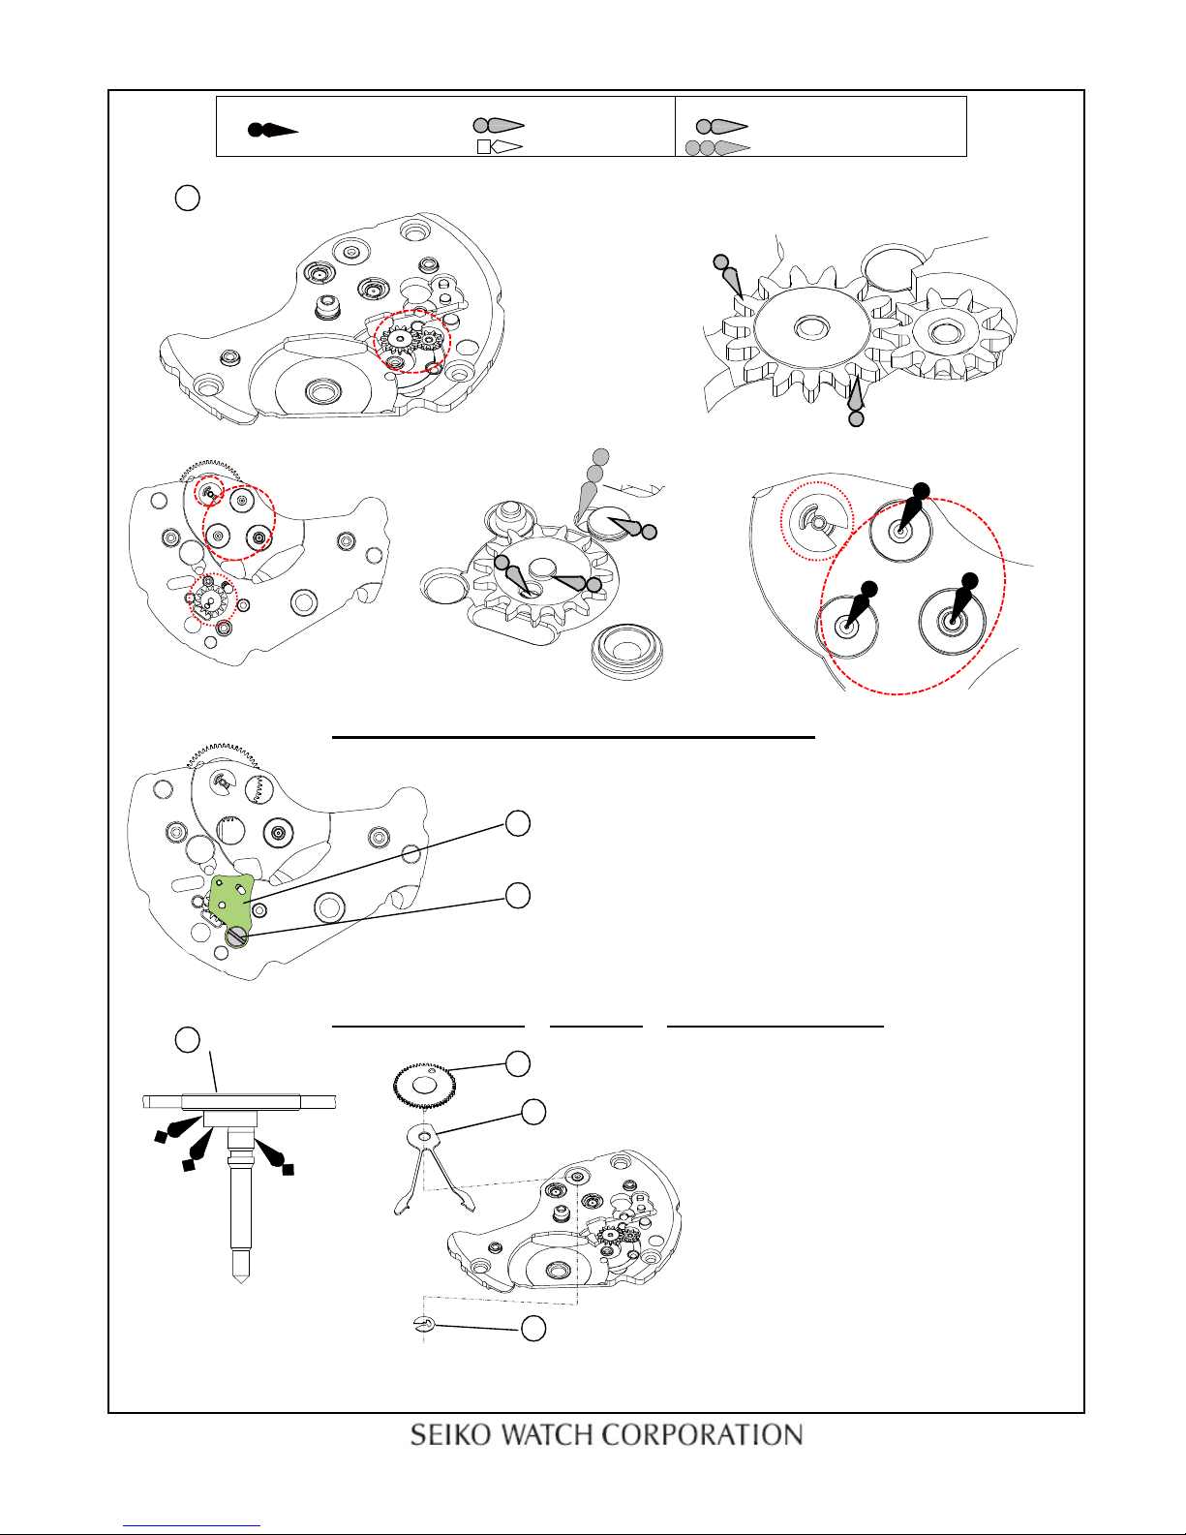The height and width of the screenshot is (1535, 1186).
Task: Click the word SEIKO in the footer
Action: click(450, 1434)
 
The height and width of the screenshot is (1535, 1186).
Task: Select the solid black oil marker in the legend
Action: click(272, 130)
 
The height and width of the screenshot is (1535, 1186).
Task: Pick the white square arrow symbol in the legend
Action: click(500, 146)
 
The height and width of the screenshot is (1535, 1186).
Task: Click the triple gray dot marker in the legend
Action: click(717, 147)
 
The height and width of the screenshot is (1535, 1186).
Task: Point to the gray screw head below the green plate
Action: click(236, 936)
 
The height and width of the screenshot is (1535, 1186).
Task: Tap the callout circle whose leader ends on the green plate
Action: click(517, 823)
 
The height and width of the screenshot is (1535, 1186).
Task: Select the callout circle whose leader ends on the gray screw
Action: click(517, 895)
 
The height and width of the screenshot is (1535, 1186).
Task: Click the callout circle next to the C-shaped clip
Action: click(533, 1328)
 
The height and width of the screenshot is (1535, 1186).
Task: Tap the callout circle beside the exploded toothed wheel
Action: click(517, 1063)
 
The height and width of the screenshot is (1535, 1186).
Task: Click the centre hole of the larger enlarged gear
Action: click(812, 327)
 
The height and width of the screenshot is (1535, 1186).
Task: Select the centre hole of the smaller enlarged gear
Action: click(946, 331)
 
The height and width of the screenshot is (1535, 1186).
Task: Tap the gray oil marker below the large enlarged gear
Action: click(855, 402)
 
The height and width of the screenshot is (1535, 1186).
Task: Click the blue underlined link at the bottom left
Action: click(192, 1524)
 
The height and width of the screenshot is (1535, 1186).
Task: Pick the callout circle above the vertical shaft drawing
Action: click(187, 1040)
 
